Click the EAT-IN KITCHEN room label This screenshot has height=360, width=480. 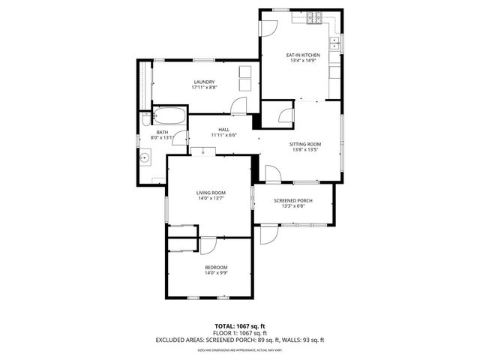pyautogui.click(x=303, y=55)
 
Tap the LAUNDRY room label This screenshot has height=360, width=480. pyautogui.click(x=204, y=82)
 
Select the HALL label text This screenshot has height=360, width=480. pyautogui.click(x=223, y=129)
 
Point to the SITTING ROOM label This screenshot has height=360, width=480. pyautogui.click(x=305, y=144)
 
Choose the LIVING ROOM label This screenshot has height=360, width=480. pyautogui.click(x=211, y=193)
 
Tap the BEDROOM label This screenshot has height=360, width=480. pyautogui.click(x=216, y=267)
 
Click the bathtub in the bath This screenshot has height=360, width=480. pyautogui.click(x=169, y=118)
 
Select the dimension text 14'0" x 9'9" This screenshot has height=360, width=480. pyautogui.click(x=216, y=274)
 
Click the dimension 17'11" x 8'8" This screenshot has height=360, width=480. pyautogui.click(x=204, y=88)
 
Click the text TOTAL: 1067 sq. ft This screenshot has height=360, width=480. pyautogui.click(x=240, y=325)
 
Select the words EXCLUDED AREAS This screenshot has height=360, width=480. pyautogui.click(x=181, y=340)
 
